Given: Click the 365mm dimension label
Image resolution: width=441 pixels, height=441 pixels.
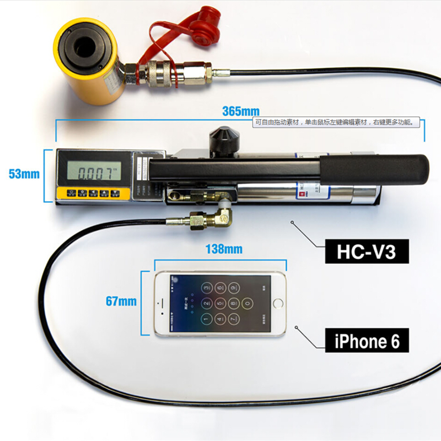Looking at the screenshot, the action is pyautogui.click(x=240, y=111).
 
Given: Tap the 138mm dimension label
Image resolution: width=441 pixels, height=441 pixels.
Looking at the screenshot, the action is pyautogui.click(x=224, y=249).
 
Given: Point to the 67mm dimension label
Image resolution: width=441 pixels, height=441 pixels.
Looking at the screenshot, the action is pyautogui.click(x=121, y=302).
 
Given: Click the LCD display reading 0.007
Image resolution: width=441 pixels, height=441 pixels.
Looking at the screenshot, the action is pyautogui.click(x=92, y=173).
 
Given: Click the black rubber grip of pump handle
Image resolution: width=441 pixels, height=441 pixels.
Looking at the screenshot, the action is pyautogui.click(x=375, y=168).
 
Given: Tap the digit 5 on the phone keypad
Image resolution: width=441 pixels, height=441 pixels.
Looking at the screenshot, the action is pyautogui.click(x=220, y=303).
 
